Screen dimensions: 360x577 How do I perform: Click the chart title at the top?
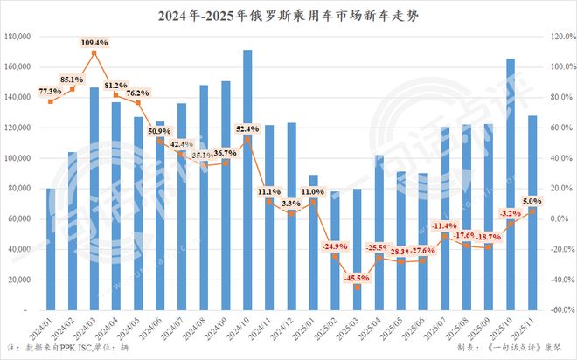[288, 15]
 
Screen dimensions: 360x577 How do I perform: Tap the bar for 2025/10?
[511, 183]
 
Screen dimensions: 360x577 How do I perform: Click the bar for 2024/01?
[51, 249]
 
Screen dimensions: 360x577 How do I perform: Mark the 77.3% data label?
[50, 91]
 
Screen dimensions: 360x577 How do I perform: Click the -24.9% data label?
[335, 246]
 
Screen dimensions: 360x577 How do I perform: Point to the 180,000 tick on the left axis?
[18, 37]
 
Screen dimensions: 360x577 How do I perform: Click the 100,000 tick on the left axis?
[18, 158]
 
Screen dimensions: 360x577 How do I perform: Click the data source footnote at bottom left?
[56, 349]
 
